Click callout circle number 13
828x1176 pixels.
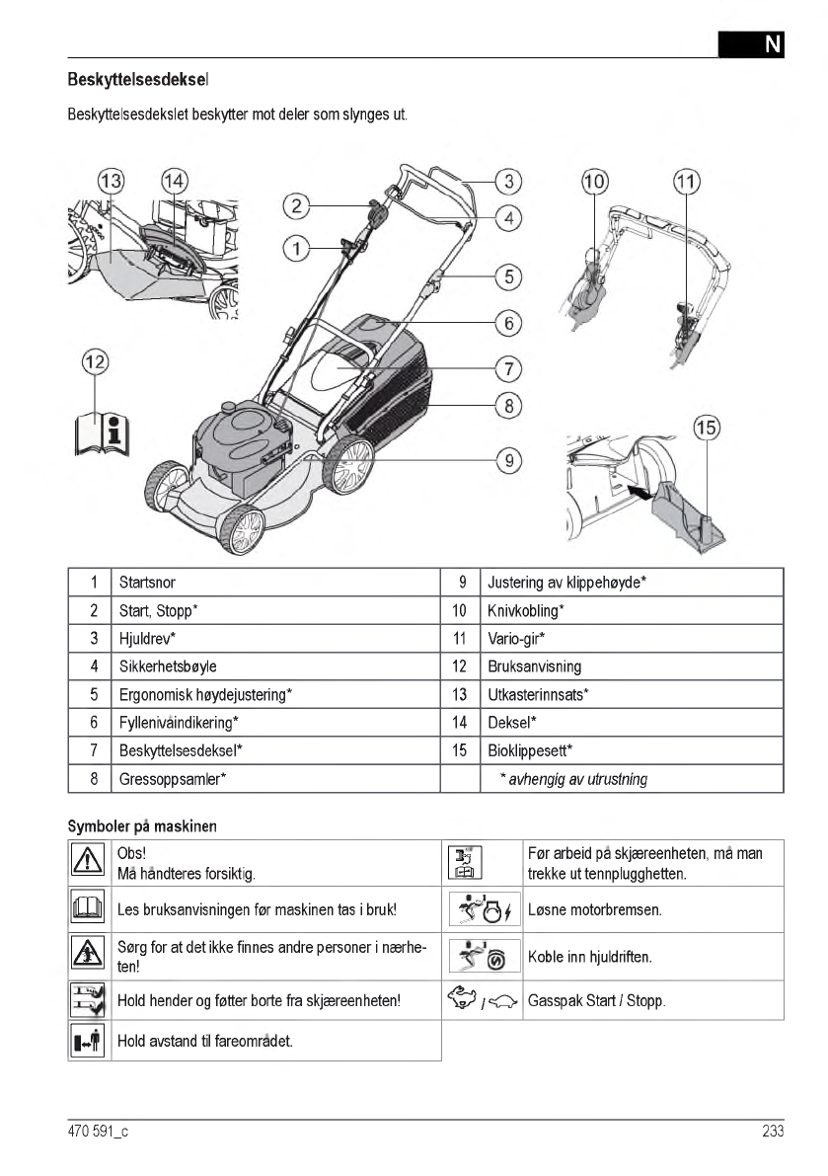[112, 181]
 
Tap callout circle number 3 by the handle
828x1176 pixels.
[507, 181]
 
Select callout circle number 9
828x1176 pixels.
[508, 459]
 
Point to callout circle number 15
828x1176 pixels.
[707, 429]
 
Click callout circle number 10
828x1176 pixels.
[595, 181]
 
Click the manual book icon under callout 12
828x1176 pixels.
[103, 430]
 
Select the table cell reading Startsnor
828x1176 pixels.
[147, 583]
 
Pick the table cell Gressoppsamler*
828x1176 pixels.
[173, 779]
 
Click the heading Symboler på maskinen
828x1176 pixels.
[143, 824]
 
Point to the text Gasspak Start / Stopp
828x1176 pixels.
[596, 1001]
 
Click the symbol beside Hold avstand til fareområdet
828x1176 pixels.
[90, 1041]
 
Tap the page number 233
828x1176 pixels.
[772, 1132]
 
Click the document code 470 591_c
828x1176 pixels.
[99, 1132]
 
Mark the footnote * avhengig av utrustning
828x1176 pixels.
[572, 779]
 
